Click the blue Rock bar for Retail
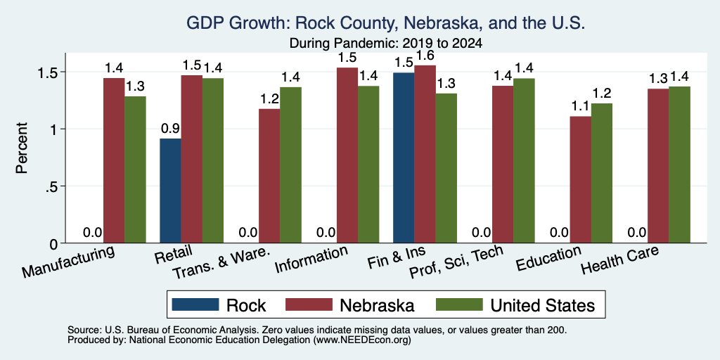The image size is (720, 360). [x=170, y=191]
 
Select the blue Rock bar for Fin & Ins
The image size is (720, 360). [x=404, y=157]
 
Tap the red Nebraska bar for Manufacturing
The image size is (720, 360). [x=114, y=160]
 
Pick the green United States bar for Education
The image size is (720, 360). [x=602, y=173]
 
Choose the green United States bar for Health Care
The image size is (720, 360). [x=679, y=165]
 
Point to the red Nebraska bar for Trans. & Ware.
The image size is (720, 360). [x=269, y=176]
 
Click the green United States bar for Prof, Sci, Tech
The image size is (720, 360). [x=524, y=161]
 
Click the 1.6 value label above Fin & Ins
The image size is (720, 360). [x=425, y=56]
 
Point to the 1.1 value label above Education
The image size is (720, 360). [x=580, y=107]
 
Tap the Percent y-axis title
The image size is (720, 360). [x=22, y=148]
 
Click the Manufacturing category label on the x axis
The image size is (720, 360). [x=67, y=262]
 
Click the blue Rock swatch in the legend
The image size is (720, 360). [x=195, y=304]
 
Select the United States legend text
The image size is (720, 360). [x=544, y=305]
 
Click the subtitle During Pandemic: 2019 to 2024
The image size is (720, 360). [x=386, y=44]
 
